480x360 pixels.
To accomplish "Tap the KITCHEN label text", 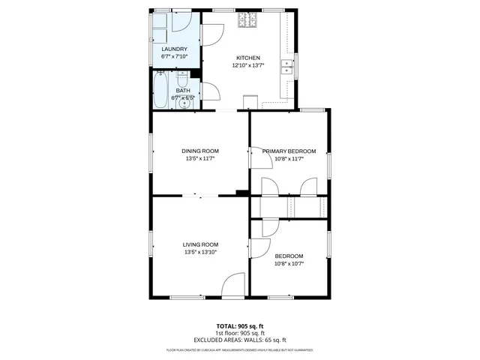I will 248,58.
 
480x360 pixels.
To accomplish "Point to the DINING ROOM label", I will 200,151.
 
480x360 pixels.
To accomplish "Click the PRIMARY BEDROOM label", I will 289,151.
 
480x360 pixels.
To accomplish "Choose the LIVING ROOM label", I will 200,244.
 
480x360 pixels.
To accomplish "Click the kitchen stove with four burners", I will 247,21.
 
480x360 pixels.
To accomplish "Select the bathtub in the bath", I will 160,91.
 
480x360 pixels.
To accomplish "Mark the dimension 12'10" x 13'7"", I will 248,65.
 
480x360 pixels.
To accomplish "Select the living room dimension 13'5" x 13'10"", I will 200,252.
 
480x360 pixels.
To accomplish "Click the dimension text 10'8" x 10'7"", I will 289,263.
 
